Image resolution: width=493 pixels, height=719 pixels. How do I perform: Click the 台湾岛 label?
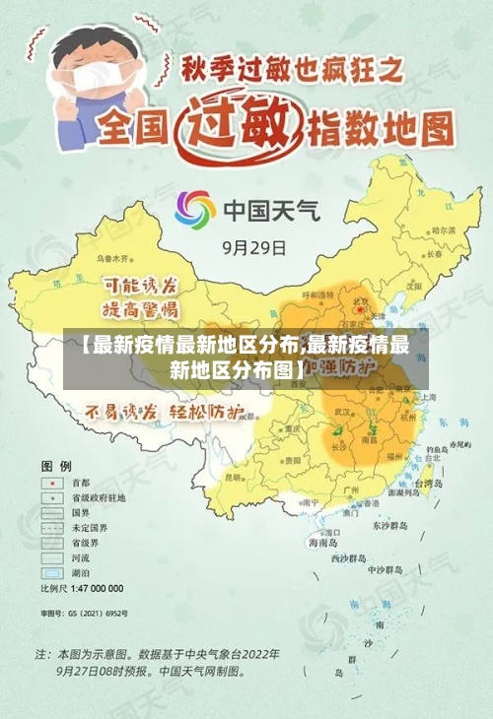pos(434,485)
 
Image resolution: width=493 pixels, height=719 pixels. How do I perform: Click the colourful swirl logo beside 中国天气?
pos(195,210)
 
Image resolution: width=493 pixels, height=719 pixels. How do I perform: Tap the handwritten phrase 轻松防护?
pos(206,412)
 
